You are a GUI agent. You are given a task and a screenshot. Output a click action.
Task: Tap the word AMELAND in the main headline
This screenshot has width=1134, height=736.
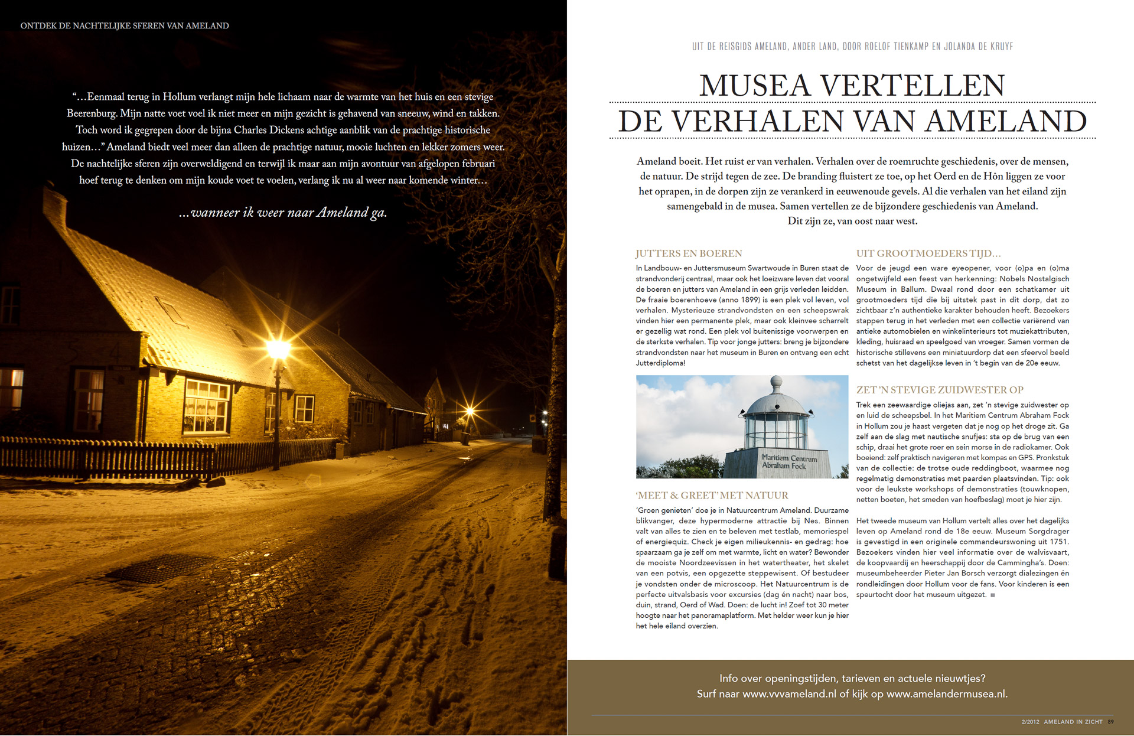click(x=1006, y=122)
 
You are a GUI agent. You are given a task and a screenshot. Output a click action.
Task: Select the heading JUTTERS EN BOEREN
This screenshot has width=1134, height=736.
click(x=688, y=253)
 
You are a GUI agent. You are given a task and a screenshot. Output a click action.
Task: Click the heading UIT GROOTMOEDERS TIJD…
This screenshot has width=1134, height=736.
click(x=928, y=253)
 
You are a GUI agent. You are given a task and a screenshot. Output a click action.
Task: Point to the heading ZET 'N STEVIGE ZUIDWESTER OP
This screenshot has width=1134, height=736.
click(x=940, y=390)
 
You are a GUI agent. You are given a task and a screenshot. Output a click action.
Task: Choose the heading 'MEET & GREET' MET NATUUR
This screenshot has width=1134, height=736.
click(x=712, y=496)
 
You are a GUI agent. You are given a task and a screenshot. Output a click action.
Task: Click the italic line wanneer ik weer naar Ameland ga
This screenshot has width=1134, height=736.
click(x=283, y=213)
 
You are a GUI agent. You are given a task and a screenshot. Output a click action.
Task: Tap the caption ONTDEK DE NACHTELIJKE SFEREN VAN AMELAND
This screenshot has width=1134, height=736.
click(x=125, y=26)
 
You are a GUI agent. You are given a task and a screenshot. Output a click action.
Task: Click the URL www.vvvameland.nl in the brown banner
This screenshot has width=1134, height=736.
click(x=789, y=694)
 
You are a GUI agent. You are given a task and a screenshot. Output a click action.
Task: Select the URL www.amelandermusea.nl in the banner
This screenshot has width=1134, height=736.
click(x=946, y=694)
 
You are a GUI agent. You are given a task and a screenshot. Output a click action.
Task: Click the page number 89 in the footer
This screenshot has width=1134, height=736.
click(x=1111, y=722)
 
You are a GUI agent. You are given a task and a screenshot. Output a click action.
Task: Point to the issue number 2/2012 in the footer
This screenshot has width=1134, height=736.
click(x=1030, y=722)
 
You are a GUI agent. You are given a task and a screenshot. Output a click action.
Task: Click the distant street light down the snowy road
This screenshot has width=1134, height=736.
click(x=470, y=411)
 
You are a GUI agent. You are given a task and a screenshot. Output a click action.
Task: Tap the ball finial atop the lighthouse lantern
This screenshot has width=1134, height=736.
click(x=777, y=381)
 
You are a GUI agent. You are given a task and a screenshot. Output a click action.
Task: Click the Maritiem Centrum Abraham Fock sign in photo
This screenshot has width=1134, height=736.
click(x=788, y=461)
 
